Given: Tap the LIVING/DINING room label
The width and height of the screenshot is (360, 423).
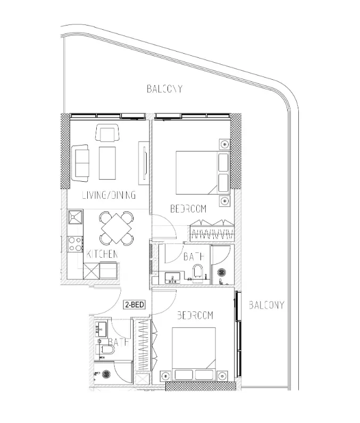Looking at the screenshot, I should click(108, 195).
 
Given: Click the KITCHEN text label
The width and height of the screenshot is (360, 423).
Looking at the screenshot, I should click(102, 255).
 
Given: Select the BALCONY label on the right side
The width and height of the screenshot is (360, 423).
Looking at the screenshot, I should click(266, 305).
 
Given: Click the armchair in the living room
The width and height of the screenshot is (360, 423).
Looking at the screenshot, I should click(107, 133).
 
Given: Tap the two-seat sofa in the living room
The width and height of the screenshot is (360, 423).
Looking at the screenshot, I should click(81, 162).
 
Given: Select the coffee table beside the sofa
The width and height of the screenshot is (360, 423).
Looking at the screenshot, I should click(107, 163).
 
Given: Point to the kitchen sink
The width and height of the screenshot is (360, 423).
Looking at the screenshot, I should click(74, 218).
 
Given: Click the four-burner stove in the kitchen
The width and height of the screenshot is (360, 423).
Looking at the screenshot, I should click(75, 244).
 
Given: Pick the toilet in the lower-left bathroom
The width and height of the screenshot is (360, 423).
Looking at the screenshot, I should click(107, 351).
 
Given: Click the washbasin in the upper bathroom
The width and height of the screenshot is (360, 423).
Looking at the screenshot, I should click(172, 277).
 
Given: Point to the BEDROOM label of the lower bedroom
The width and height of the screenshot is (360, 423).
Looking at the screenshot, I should click(195, 316).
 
